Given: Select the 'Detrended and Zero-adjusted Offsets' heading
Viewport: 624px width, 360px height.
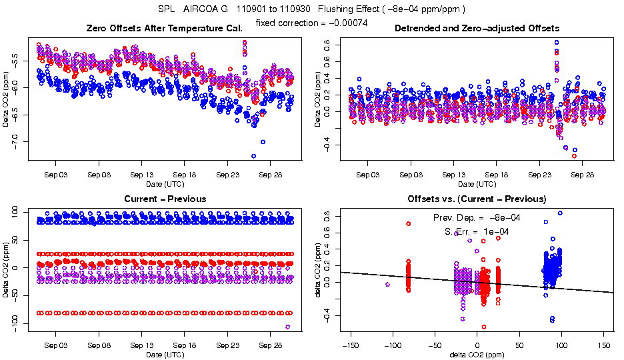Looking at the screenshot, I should point(477,28).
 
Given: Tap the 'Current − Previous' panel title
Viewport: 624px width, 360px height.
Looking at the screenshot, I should point(165,199).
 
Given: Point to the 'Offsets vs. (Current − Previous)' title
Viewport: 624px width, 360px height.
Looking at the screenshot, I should point(477,199).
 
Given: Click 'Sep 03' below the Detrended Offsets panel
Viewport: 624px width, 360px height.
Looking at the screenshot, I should point(367,175).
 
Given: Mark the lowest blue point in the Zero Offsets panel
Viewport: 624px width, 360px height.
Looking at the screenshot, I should point(253,156).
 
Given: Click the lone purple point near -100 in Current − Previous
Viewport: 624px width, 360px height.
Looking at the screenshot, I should point(287,327).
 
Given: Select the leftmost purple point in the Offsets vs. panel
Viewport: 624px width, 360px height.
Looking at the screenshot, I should point(387,285).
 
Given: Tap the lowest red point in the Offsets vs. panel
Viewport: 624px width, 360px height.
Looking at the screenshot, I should point(484,327).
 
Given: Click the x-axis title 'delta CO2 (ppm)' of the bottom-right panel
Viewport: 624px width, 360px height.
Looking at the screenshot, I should point(477,355).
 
